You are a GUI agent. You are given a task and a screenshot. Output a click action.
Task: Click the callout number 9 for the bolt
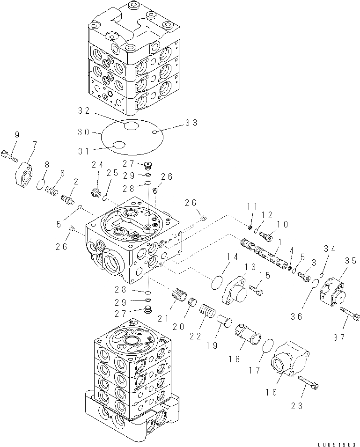pos(17,135)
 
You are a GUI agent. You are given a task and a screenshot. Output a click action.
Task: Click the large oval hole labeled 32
pos(131,125)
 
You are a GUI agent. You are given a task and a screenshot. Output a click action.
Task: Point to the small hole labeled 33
pos(155,133)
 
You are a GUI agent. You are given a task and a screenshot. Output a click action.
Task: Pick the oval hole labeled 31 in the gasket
pos(119,146)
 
